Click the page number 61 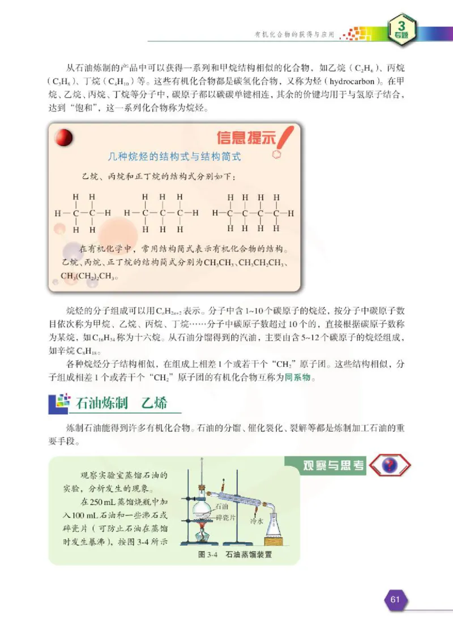tap(395, 599)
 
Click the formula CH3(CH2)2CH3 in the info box tap(88, 277)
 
